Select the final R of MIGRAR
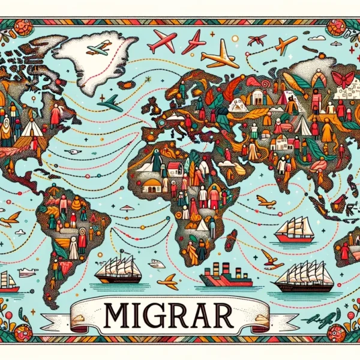[242, 313]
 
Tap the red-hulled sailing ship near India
[295, 230]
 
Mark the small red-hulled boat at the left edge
[8, 283]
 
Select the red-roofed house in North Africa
[176, 167]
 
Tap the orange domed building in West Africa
[151, 184]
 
